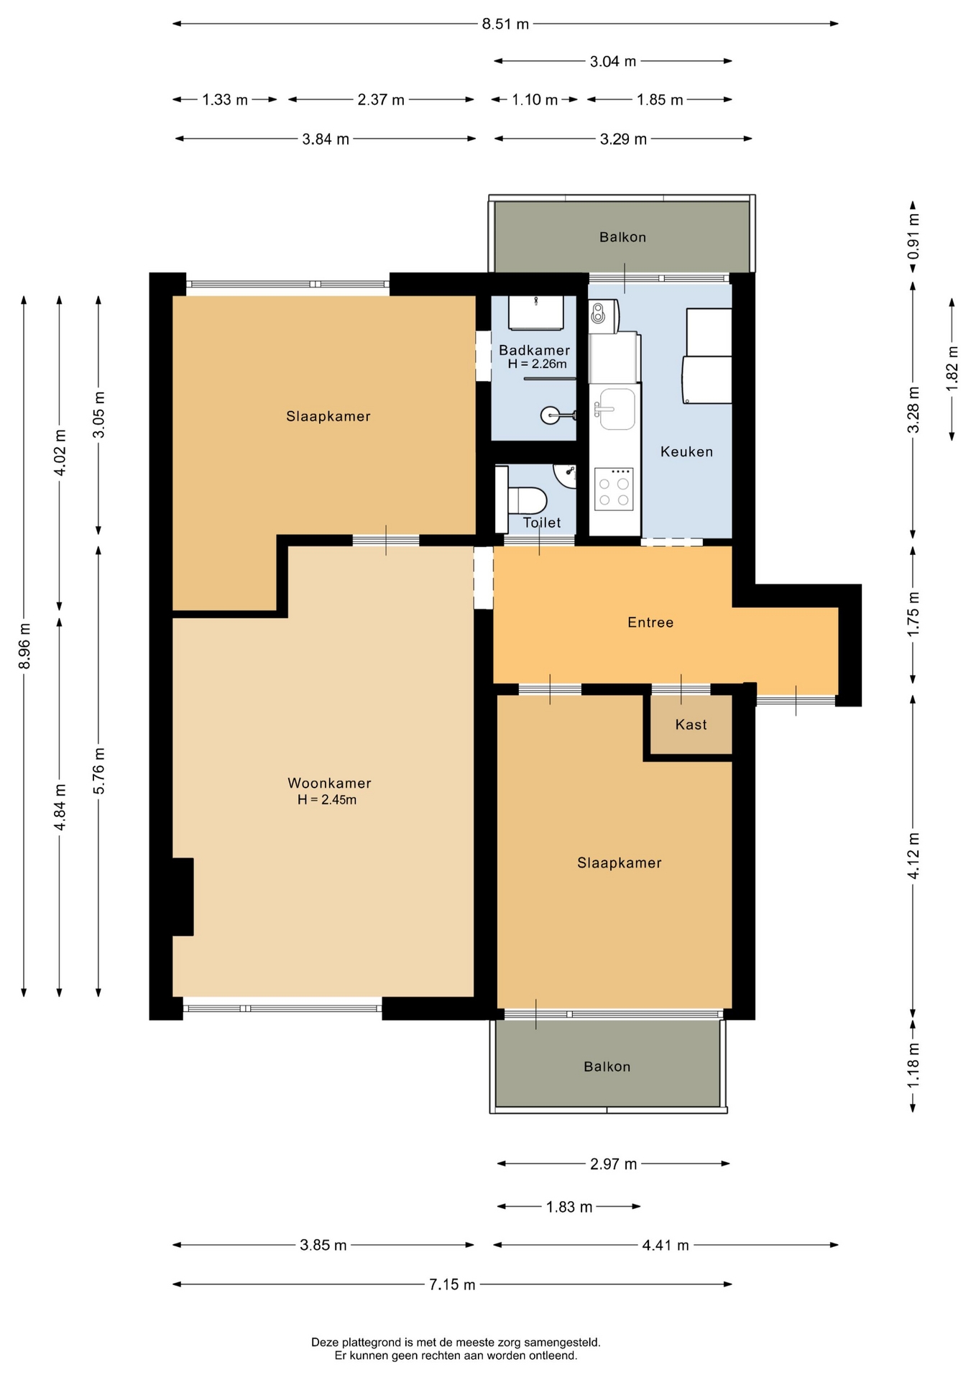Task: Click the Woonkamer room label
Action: tap(329, 783)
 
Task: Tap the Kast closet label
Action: tap(691, 724)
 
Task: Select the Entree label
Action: tap(650, 622)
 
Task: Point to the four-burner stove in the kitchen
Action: tap(614, 489)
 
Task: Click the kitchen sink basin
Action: tap(617, 408)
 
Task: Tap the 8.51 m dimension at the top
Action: tap(505, 24)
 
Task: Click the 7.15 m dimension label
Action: tap(452, 1284)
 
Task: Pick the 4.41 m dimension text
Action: tap(666, 1245)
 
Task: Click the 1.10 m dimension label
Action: tap(535, 100)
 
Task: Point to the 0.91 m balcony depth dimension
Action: tap(913, 236)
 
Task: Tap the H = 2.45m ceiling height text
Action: tap(327, 800)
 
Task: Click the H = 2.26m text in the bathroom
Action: tap(538, 364)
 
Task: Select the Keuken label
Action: tap(686, 452)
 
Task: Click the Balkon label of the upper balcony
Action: tap(622, 237)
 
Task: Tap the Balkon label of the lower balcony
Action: tap(607, 1067)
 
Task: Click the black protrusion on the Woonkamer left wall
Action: tap(183, 897)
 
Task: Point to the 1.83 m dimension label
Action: tap(569, 1207)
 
